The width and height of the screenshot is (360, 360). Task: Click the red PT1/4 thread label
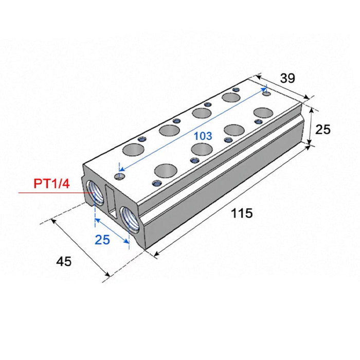coord(51,184)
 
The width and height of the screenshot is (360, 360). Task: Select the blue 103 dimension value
coord(203,136)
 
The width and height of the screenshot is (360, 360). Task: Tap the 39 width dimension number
coord(287,78)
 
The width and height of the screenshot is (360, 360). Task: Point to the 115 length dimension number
coord(242,213)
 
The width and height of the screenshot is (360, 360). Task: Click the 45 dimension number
coord(64,261)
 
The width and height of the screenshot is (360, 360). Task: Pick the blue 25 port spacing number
coord(102,240)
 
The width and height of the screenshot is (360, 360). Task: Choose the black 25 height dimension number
coord(323,130)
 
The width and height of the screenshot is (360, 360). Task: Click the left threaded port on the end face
coord(95,192)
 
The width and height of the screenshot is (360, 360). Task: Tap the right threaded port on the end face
coord(130,219)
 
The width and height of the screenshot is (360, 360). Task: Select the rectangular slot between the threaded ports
coord(112,202)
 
